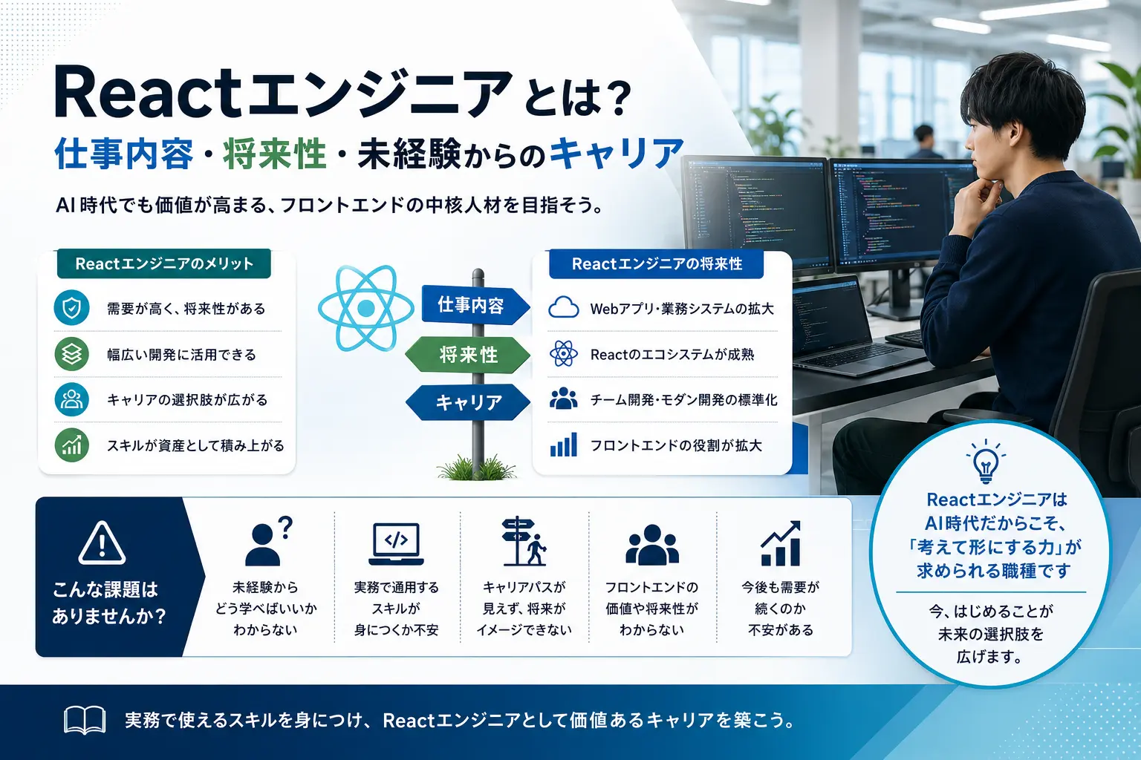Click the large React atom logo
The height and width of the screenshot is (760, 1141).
point(366,308)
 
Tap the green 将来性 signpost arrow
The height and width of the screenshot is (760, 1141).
point(467,355)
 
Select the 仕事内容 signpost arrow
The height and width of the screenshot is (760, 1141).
point(475,305)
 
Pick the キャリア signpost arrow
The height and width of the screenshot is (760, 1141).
point(468,402)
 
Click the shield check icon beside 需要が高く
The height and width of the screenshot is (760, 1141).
point(72,308)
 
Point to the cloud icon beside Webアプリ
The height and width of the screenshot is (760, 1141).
point(563,307)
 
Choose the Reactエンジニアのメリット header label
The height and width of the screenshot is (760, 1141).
point(164,263)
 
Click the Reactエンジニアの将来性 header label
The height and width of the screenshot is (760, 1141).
point(657,263)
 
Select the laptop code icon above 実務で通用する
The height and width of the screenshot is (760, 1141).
point(396,544)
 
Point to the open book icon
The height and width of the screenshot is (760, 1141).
point(85,720)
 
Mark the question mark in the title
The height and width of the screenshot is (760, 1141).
point(620,100)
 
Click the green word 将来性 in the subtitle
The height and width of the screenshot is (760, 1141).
point(275,154)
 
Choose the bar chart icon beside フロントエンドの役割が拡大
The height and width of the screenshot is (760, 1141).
point(563,445)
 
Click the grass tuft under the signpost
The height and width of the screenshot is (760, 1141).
point(477,468)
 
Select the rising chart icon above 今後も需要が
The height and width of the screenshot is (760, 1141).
point(781,543)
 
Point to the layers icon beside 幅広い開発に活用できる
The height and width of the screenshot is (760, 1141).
point(72,354)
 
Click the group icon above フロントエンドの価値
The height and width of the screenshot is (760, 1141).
point(652,545)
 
